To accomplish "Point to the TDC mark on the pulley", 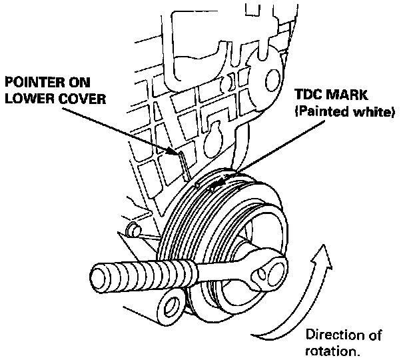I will coord(214,189).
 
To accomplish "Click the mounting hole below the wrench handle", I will coord(171,306).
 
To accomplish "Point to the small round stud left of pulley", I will coord(133,231).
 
